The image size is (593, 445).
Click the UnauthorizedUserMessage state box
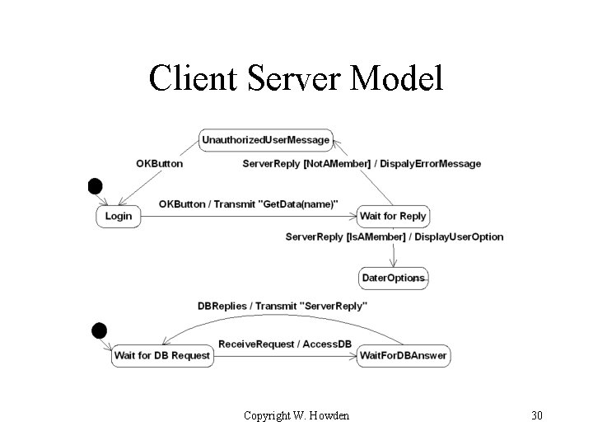click(265, 140)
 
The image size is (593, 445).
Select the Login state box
click(119, 216)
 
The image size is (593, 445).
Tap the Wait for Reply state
click(393, 216)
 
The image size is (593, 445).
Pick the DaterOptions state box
click(394, 278)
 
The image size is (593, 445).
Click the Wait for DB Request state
click(162, 356)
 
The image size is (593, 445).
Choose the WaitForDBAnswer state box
click(403, 356)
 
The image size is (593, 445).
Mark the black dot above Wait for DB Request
click(99, 331)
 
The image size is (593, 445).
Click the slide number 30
click(537, 415)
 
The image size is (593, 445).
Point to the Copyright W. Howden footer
click(296, 415)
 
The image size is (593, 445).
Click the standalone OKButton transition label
click(159, 164)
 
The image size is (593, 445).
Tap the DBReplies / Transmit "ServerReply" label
click(282, 306)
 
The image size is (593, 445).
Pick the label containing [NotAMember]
click(362, 164)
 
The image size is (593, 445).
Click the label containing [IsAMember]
click(394, 237)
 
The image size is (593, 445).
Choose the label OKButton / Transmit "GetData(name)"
click(248, 204)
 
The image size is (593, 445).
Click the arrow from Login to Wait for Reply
click(247, 217)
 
